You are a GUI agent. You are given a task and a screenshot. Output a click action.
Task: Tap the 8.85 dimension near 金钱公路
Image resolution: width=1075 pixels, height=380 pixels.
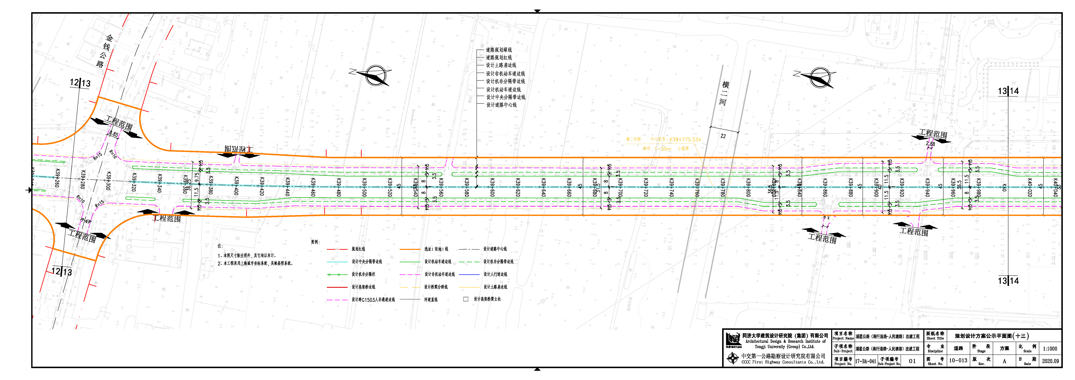coord(113,134)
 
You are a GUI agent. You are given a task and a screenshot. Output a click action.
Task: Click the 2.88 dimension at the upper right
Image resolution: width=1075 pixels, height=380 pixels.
coord(930,144)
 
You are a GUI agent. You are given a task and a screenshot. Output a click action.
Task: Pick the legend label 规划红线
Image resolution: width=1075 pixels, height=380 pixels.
coord(358,249)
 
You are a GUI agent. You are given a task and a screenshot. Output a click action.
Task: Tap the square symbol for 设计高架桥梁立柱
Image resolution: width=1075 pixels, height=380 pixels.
coord(466,299)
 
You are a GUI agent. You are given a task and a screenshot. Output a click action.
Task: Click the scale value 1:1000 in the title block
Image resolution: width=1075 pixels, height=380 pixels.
coord(1050,349)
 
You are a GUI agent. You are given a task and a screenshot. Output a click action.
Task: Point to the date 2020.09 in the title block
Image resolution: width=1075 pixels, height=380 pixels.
coord(1050,361)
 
